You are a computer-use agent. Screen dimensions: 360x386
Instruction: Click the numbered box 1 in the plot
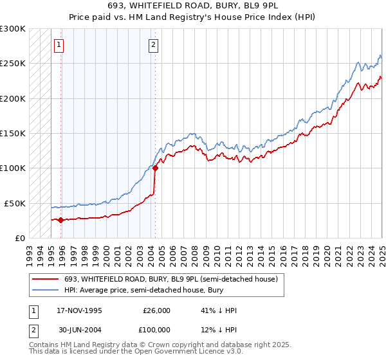(59, 44)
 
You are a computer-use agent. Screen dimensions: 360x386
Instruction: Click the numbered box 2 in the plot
(154, 44)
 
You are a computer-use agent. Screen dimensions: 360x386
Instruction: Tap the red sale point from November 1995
(61, 220)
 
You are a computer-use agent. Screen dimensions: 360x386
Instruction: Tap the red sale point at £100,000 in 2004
(155, 168)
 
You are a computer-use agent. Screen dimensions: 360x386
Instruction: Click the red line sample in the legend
(45, 279)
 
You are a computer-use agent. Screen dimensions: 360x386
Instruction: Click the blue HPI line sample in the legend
(45, 291)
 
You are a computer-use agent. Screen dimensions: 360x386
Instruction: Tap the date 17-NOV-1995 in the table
(79, 310)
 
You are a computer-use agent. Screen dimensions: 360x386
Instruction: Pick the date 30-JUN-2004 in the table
(79, 330)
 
